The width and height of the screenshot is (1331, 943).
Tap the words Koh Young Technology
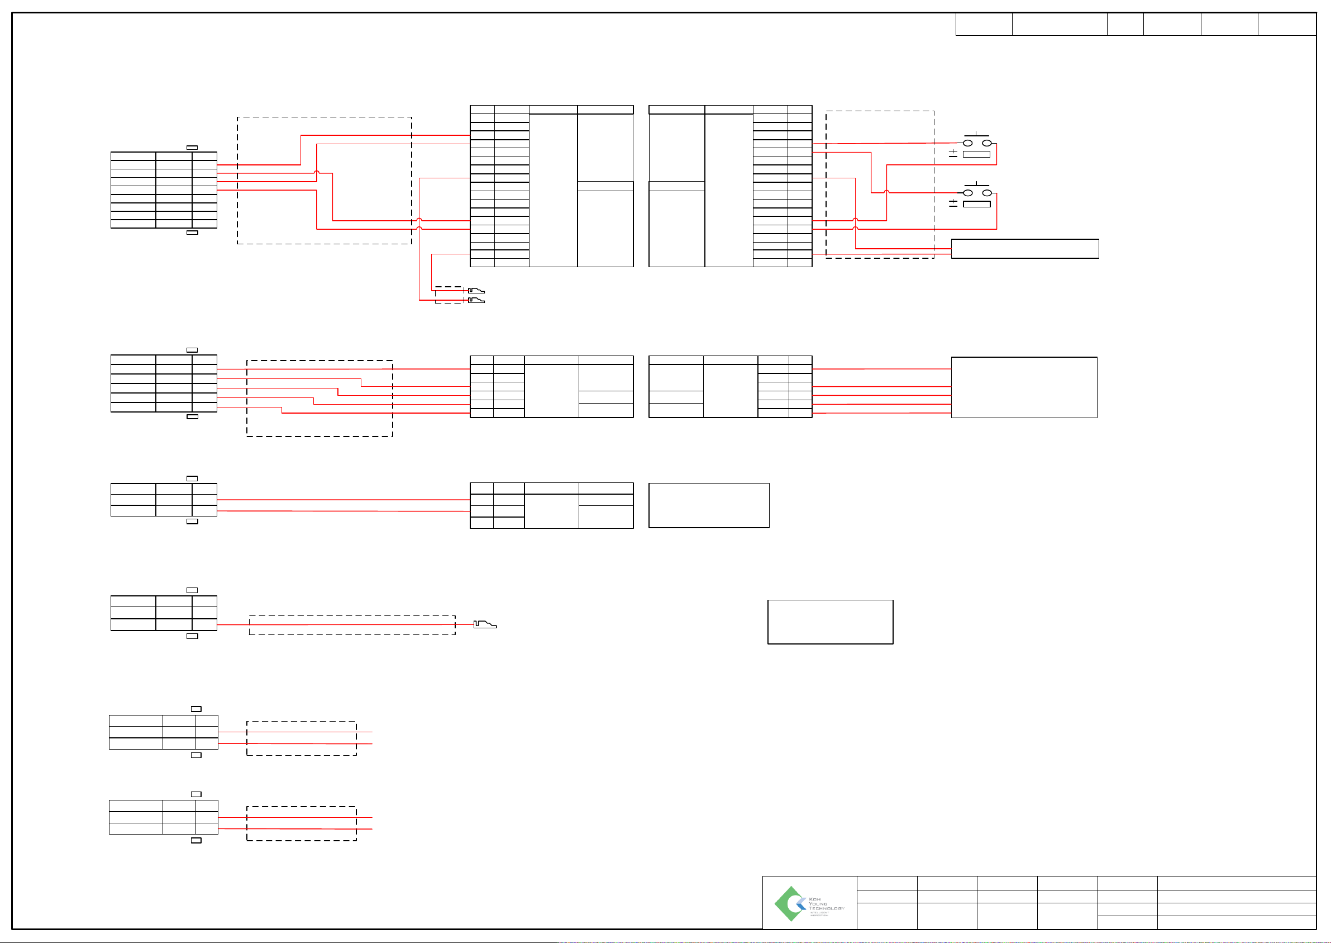pos(826,904)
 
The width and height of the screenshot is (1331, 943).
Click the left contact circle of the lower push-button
pos(967,192)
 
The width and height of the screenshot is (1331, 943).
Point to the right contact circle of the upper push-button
pos(986,143)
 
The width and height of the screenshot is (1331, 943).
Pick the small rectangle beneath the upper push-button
pos(976,154)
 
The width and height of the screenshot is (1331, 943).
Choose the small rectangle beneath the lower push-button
pos(976,204)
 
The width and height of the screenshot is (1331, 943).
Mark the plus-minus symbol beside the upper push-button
pos(953,153)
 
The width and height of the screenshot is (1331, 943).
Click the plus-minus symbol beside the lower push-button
pos(953,203)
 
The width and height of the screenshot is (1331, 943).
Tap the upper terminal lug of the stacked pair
pos(476,290)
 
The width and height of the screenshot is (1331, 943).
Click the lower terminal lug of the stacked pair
pos(476,300)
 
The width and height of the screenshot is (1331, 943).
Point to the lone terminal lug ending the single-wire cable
pos(484,624)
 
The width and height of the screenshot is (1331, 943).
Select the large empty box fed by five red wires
pos(1023,387)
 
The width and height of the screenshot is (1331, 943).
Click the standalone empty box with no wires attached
pos(829,622)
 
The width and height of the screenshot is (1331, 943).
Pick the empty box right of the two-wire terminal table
pos(708,505)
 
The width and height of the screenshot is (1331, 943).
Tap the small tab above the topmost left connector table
pos(192,148)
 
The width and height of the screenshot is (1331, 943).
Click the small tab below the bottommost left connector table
pos(196,840)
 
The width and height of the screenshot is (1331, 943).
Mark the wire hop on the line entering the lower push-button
pos(886,191)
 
